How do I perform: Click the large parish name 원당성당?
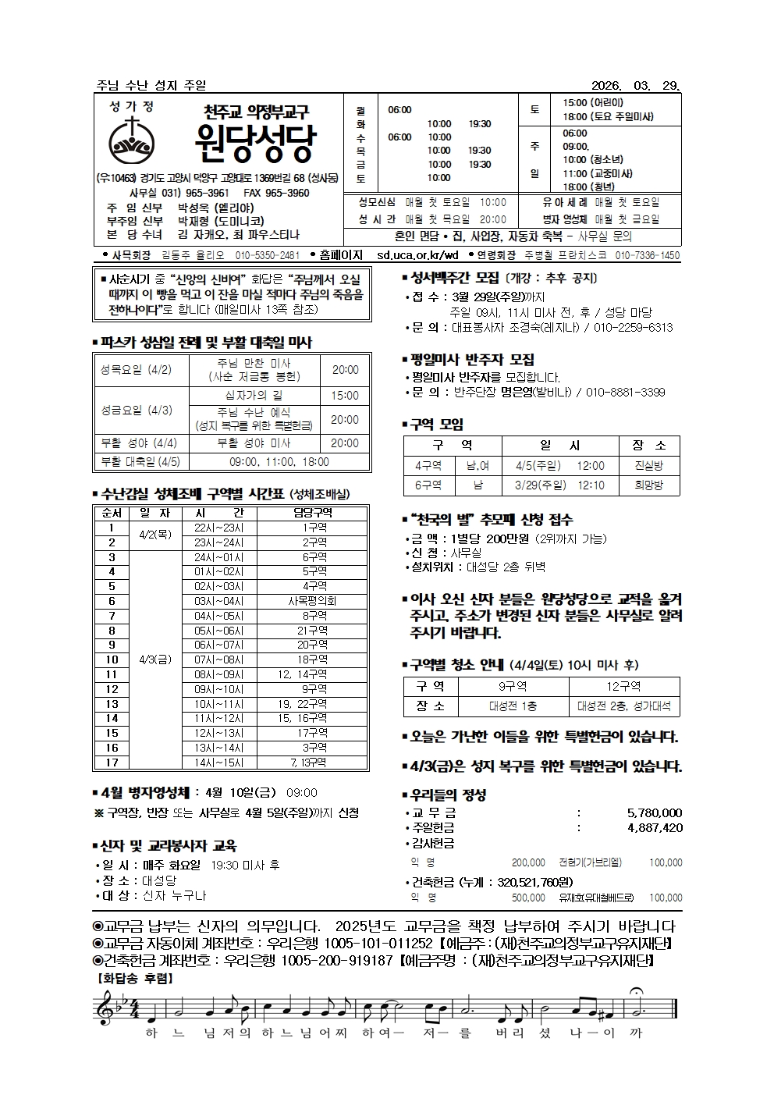(x=255, y=144)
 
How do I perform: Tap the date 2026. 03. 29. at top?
(x=637, y=85)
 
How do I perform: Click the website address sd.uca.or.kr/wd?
(x=417, y=255)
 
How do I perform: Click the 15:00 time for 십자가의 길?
(x=345, y=396)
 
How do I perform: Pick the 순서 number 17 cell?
(x=112, y=763)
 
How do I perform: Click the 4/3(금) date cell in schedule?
(x=154, y=659)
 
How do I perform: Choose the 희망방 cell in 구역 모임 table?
(x=648, y=485)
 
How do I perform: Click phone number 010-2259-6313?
(x=633, y=328)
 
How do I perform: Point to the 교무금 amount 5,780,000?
(x=654, y=812)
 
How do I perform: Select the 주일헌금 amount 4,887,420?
(x=654, y=827)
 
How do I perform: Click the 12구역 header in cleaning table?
(x=623, y=686)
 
